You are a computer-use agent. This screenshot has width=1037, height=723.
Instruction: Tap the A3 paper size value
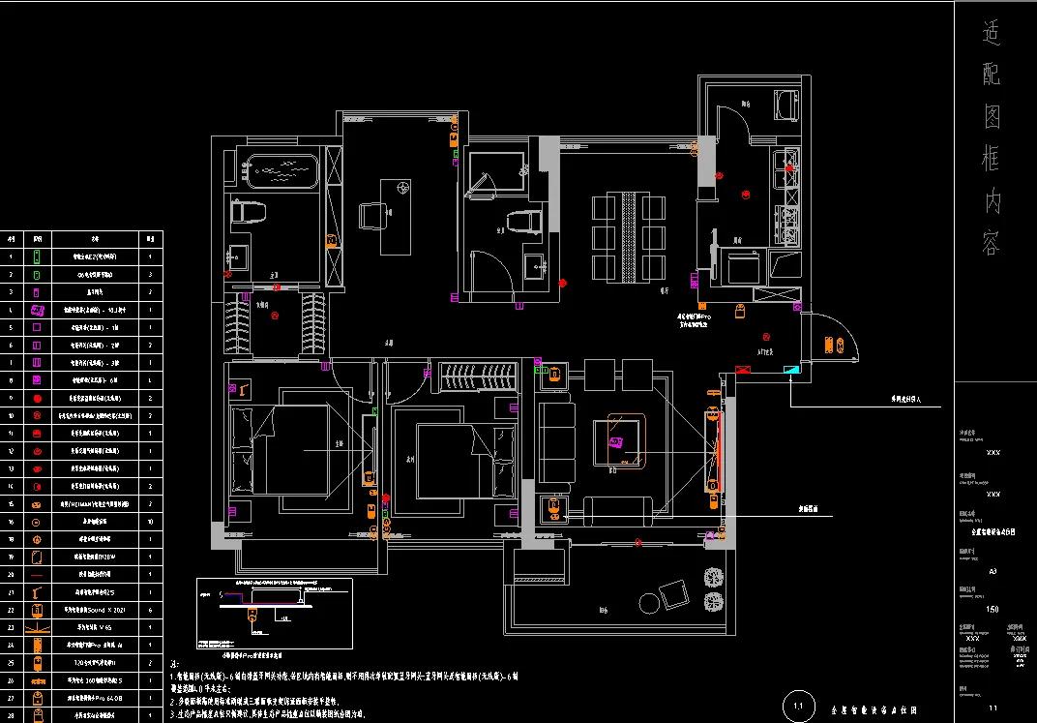click(x=993, y=572)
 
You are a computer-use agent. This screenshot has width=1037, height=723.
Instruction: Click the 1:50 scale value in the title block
click(x=993, y=609)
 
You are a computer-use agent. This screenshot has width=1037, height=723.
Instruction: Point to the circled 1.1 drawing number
click(x=798, y=707)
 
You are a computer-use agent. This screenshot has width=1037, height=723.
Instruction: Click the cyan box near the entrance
click(x=791, y=369)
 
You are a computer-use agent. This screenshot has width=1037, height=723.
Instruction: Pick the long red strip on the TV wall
click(x=719, y=450)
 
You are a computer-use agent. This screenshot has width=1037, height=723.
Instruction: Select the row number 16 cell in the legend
click(x=11, y=522)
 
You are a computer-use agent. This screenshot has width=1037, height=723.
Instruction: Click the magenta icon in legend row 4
click(x=37, y=311)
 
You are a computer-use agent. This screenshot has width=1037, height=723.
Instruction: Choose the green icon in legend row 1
click(x=37, y=257)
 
